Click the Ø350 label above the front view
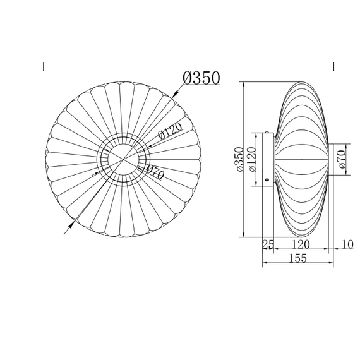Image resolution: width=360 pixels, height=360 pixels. (201, 78)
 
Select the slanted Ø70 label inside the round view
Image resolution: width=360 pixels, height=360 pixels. (155, 172)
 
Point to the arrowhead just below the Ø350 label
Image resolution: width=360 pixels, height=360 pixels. (175, 94)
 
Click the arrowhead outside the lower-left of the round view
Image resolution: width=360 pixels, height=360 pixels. (71, 225)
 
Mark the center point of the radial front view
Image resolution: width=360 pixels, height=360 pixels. (123, 159)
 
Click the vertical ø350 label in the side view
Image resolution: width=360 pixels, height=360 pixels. (239, 159)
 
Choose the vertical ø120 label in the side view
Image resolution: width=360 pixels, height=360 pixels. (251, 159)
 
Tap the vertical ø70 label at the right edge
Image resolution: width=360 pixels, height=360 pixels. (342, 159)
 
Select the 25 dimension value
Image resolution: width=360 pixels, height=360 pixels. (268, 244)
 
